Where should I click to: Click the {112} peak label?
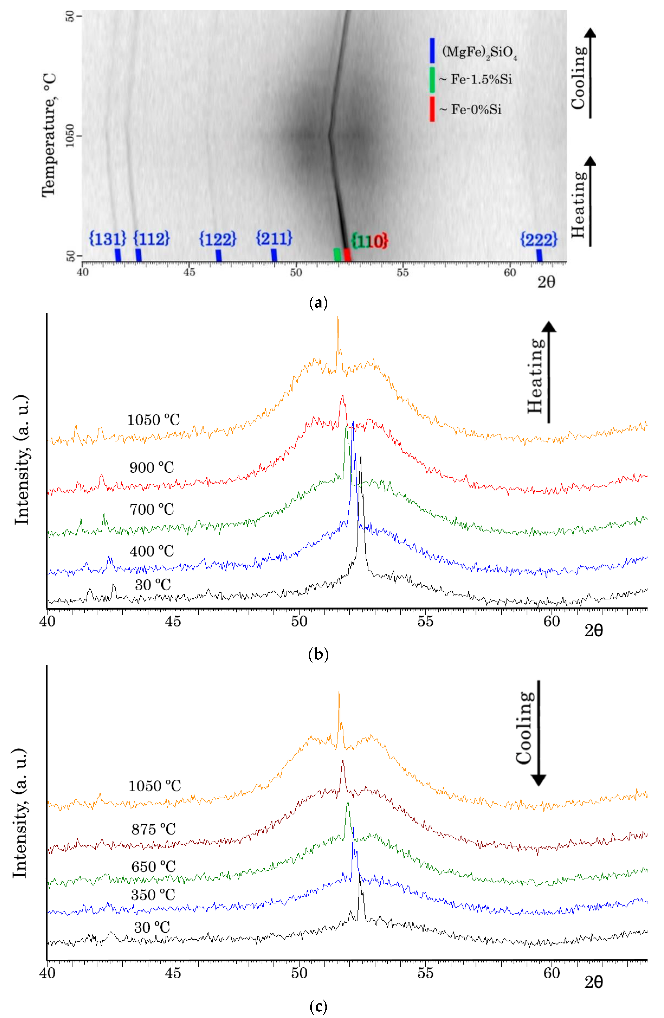(151, 238)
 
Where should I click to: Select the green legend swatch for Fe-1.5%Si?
(432, 80)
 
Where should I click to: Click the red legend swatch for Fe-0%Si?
(432, 109)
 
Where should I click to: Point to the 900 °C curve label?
(152, 468)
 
